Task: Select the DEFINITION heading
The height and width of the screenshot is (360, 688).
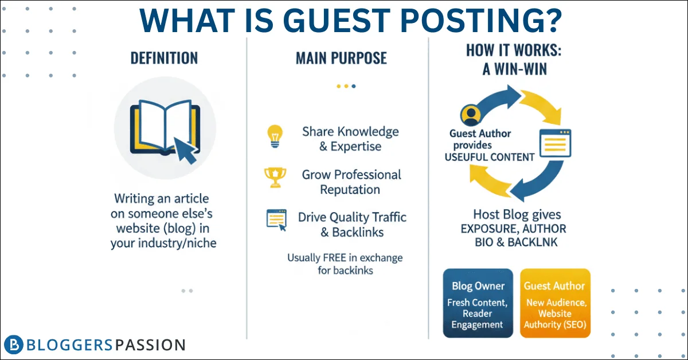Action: pos(165,58)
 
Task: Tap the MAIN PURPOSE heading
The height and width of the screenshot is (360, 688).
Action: pos(341,58)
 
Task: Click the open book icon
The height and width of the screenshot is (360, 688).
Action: pos(165,127)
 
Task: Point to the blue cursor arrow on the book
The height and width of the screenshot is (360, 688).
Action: pos(186,150)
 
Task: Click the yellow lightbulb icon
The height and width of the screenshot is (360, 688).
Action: pos(275,136)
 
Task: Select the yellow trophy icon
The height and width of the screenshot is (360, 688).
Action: pos(275,177)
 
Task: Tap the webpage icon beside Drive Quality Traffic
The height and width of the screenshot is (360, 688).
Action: pos(276,220)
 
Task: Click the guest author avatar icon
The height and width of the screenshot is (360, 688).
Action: pos(471,115)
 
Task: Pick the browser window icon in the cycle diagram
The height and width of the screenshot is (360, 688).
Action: pos(556,143)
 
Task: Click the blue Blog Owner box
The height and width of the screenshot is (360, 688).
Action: pos(478,303)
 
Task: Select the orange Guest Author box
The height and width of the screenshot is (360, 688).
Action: pos(556,303)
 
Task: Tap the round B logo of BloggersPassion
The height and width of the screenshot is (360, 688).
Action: pos(14,345)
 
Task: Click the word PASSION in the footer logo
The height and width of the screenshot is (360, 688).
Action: pos(150,345)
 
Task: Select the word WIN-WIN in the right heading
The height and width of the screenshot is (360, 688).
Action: pos(521,69)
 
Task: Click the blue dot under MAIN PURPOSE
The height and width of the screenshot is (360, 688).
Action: pos(354,87)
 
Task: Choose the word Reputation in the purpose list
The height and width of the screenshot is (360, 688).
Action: pos(350,190)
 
